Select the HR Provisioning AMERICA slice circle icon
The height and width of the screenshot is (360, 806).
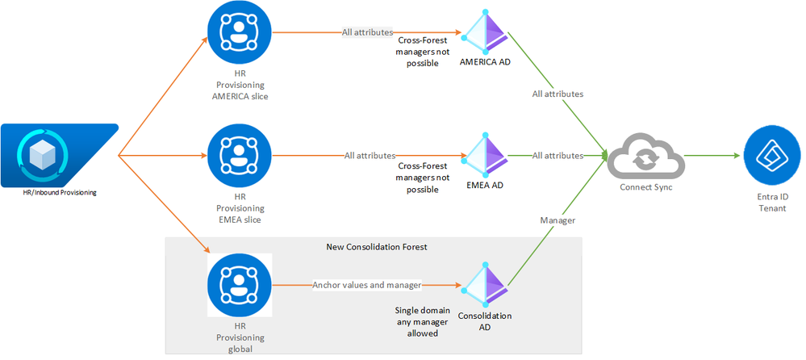coord(240,33)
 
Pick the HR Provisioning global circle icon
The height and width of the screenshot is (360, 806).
coord(240,285)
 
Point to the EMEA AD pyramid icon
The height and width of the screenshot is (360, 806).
coord(485,154)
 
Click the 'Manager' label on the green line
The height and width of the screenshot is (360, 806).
coord(556,219)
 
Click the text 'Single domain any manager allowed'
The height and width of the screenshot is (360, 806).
coord(417,321)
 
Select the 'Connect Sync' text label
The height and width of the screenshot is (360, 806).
coord(645,187)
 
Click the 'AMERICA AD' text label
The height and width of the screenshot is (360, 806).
coord(485,61)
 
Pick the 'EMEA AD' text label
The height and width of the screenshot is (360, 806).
coord(485,185)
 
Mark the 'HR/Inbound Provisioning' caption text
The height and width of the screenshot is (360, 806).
coord(60,192)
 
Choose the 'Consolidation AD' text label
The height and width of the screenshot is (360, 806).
coord(485,321)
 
